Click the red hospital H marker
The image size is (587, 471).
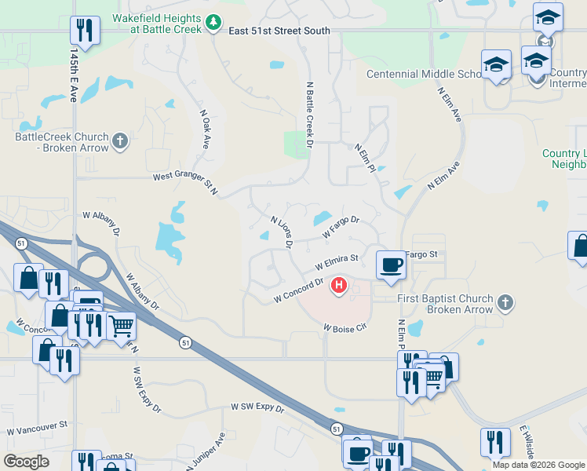[338, 284]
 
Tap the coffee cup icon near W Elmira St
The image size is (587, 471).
[390, 264]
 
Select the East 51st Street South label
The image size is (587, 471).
[279, 31]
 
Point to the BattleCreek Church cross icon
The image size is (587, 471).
[119, 141]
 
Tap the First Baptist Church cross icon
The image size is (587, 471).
[506, 302]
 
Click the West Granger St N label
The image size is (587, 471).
[184, 180]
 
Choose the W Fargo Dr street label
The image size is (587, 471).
[341, 228]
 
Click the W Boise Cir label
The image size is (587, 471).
[345, 327]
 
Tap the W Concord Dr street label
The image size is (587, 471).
[299, 290]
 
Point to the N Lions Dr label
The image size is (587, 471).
[281, 233]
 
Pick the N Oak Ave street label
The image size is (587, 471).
[206, 130]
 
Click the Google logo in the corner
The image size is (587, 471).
[26, 462]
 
